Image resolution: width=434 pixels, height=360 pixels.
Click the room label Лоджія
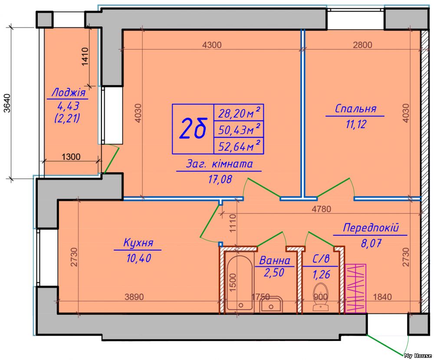68,92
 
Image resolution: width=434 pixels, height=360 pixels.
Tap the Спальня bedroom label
355,109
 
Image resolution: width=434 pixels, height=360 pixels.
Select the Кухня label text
138,243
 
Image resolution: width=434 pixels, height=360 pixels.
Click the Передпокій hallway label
371,228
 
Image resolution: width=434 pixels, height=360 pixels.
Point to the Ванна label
274,261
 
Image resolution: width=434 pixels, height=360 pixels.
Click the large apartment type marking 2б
193,129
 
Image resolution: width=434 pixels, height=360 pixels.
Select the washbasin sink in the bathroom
271,305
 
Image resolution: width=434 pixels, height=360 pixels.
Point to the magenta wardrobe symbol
355,288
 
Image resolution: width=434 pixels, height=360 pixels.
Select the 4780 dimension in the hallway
321,209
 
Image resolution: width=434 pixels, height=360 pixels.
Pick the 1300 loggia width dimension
71,157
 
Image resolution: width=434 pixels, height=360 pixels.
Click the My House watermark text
418,356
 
